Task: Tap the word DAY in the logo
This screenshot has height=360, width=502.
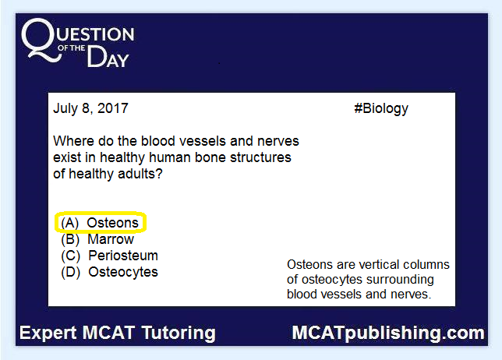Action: [108, 57]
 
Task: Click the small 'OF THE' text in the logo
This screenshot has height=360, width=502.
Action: [71, 48]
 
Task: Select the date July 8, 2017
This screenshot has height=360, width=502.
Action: [90, 108]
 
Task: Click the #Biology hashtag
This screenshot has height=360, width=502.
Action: [381, 108]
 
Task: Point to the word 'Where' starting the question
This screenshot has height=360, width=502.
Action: [73, 141]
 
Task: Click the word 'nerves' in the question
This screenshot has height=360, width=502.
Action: [278, 142]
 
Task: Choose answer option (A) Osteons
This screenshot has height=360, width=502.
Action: [100, 223]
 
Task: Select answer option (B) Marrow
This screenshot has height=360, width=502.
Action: [97, 239]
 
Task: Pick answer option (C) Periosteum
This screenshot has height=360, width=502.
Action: [109, 256]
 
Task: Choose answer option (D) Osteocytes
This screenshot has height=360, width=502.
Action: [109, 272]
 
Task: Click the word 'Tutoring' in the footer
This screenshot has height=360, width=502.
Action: [179, 333]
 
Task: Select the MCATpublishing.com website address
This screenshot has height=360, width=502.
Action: [388, 334]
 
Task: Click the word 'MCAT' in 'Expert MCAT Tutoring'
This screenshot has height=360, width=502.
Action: [109, 333]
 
